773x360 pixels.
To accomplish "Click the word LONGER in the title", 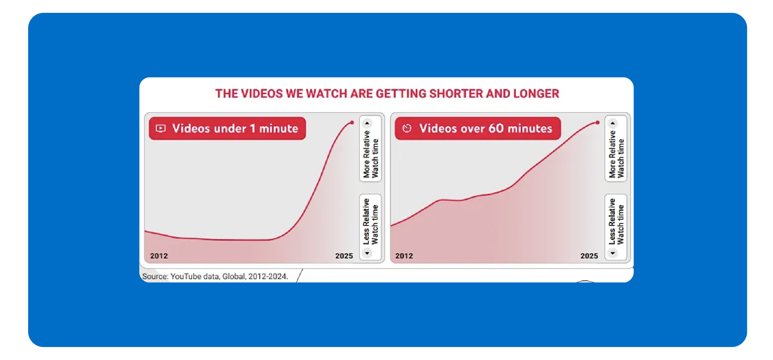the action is (x=536, y=94).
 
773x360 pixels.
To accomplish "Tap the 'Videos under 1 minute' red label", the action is (x=227, y=128).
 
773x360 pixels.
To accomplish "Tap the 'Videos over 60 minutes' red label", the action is (x=478, y=128).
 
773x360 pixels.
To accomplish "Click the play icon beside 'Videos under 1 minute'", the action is (x=160, y=128).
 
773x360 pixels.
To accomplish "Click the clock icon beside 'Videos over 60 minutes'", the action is (x=407, y=128).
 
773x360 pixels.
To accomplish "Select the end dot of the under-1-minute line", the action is (x=352, y=123).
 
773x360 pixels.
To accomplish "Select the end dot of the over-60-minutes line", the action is (x=598, y=123).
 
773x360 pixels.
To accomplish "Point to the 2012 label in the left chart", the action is (x=159, y=256).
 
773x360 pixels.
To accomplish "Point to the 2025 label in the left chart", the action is (x=344, y=256).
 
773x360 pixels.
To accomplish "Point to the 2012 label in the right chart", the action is (x=404, y=256).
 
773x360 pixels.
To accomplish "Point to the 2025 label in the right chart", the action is (x=589, y=256).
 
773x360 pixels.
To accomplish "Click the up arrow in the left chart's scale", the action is (x=367, y=123).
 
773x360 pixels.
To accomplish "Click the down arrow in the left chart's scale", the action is (x=367, y=253).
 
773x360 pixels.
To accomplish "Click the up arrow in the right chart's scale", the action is (x=613, y=123).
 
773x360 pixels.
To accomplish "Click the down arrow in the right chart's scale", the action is (x=613, y=253).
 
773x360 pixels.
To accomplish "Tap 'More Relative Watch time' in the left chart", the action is (x=371, y=154).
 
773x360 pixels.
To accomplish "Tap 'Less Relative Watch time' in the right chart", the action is (x=616, y=222).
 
